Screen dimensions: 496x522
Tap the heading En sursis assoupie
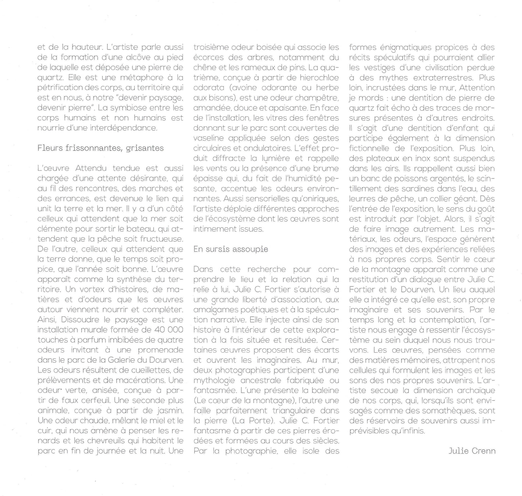tap(231, 249)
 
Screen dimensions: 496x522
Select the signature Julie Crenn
tap(472, 451)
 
